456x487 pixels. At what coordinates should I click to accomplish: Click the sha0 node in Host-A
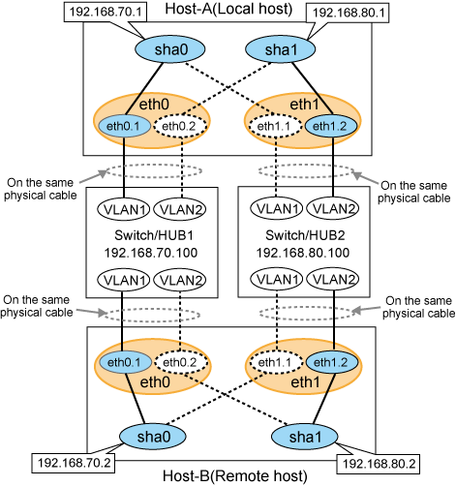click(169, 49)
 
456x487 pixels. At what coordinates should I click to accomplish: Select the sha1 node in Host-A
click(280, 49)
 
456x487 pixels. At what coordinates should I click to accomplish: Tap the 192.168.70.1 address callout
click(106, 12)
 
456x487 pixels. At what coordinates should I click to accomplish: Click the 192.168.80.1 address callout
click(348, 13)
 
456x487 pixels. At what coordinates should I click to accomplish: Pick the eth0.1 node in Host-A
click(124, 126)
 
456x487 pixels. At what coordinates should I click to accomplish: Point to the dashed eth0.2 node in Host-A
click(179, 126)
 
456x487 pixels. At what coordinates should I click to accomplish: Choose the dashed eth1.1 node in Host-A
click(275, 126)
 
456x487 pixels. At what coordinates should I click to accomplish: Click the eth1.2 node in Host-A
click(330, 126)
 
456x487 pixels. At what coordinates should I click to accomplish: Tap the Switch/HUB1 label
click(154, 235)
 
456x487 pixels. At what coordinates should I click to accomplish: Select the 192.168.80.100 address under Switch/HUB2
click(303, 253)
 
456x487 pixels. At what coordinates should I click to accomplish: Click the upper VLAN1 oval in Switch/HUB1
click(123, 209)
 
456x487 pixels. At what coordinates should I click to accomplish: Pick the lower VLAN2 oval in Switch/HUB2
click(333, 279)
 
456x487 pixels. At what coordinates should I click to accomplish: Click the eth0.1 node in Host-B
click(125, 362)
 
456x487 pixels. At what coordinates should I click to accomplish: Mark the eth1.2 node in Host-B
click(331, 362)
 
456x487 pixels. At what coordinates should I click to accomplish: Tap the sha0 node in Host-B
click(153, 437)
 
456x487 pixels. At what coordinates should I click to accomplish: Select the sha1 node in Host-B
click(305, 437)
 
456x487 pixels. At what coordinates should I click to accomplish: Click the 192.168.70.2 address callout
click(74, 464)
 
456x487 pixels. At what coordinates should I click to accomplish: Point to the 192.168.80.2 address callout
click(379, 465)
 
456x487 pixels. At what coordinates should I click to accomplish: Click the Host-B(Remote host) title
click(235, 476)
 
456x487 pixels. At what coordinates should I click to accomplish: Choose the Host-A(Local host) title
click(228, 9)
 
